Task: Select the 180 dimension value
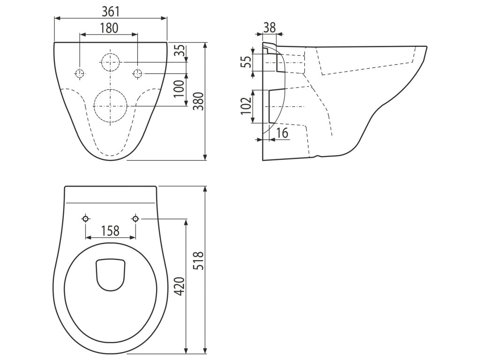coord(109,28)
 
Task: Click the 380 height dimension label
coord(199,101)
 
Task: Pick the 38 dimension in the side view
coord(270,27)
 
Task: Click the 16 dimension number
coord(282,133)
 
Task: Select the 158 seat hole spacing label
coord(110,231)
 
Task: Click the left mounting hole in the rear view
coord(80,74)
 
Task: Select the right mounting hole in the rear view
coord(137,74)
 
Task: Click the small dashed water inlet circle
coord(111,61)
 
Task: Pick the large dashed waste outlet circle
coord(111,106)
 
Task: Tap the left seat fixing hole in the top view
coord(85,218)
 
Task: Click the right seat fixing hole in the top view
coord(135,218)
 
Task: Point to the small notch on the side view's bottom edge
coord(318,156)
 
